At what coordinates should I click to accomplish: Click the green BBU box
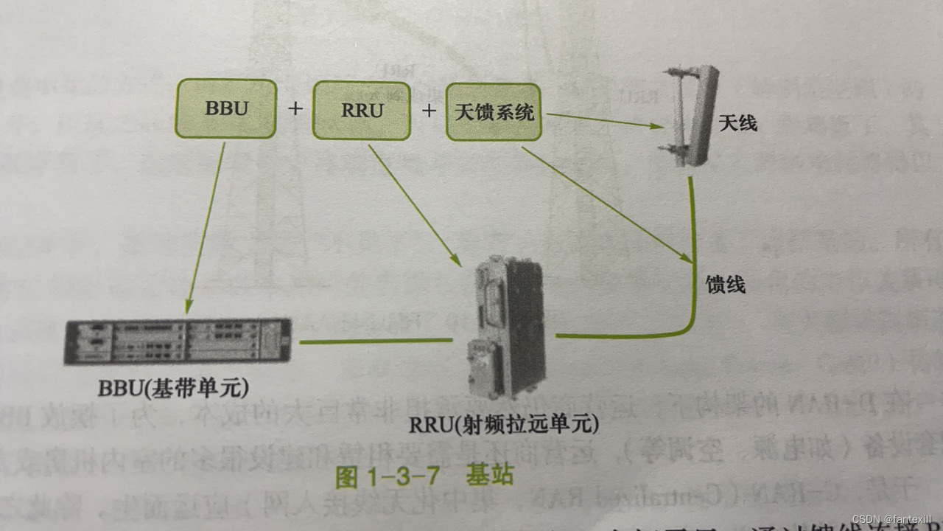(225, 109)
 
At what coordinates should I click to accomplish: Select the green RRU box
(361, 111)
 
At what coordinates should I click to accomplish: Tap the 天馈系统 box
(494, 112)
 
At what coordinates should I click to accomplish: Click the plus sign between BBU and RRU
(295, 109)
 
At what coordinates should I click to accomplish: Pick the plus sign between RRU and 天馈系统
(428, 111)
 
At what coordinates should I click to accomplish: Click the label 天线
(737, 123)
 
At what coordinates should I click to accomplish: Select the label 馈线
(726, 284)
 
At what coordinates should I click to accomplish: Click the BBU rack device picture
(178, 341)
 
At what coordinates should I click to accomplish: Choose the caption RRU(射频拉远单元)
(505, 425)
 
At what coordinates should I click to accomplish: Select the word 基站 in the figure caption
(488, 476)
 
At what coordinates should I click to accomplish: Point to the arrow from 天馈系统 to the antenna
(604, 120)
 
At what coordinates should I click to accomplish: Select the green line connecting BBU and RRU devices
(375, 341)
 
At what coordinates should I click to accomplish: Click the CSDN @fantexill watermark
(891, 519)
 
